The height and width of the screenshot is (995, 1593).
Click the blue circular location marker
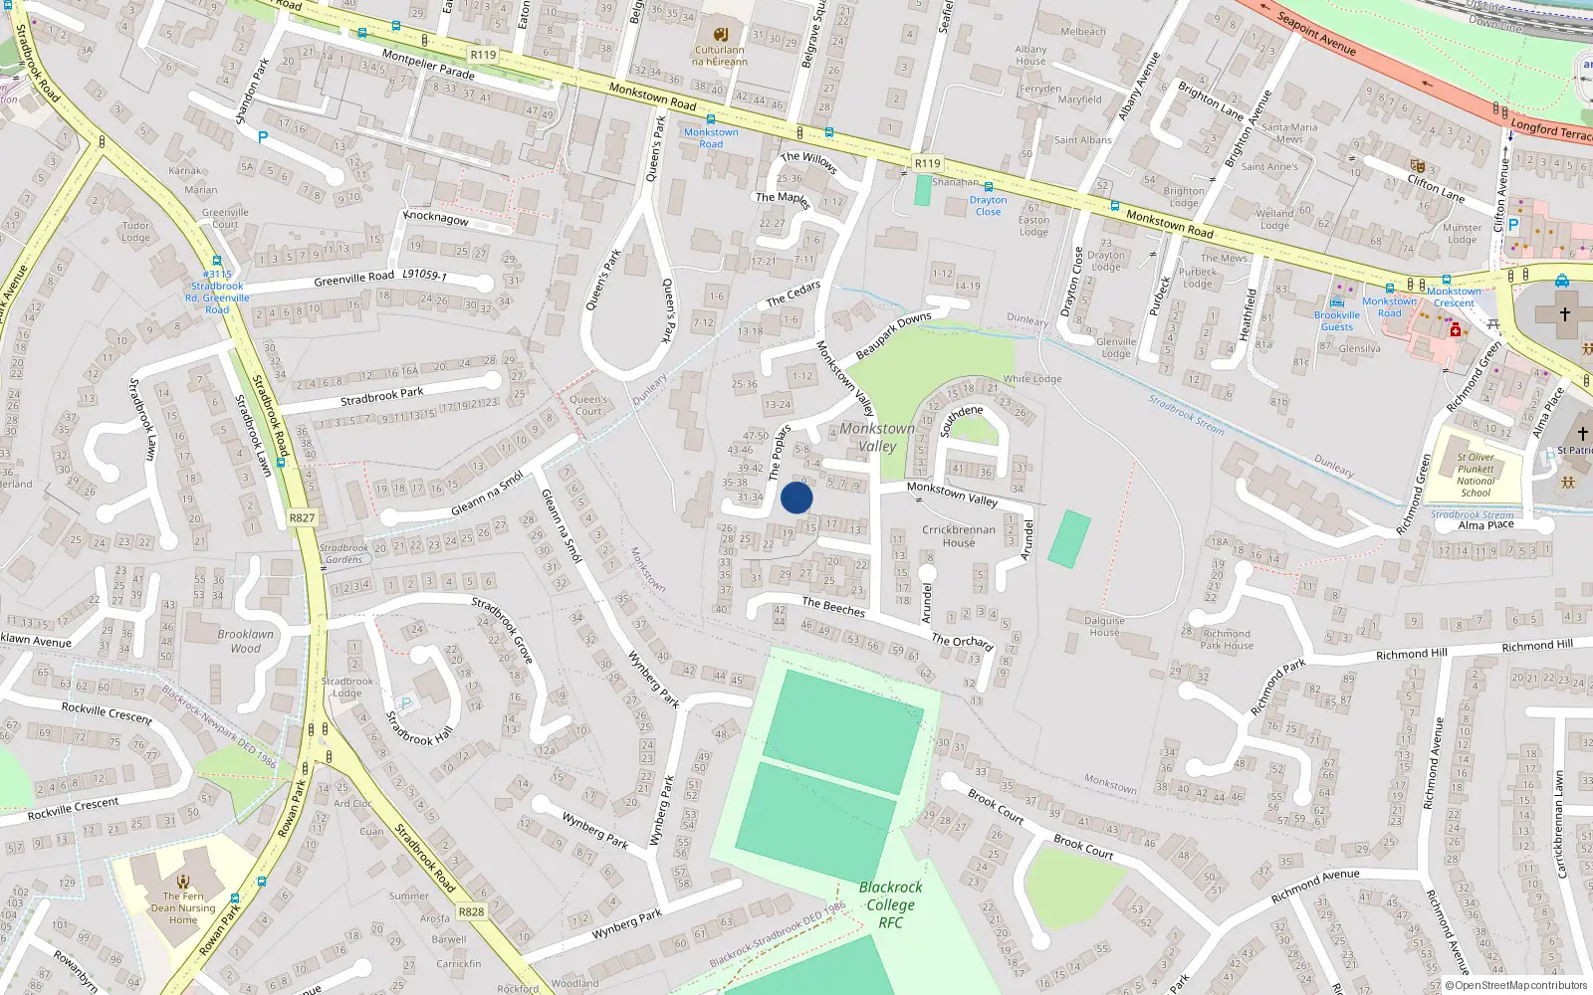pos(796,497)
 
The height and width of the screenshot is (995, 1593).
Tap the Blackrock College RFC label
pos(890,904)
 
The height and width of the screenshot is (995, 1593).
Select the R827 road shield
pos(302,517)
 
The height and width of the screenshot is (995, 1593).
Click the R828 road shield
pos(471,911)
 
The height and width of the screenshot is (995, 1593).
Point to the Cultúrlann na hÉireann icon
pos(721,34)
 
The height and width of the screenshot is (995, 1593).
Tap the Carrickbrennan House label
pos(958,536)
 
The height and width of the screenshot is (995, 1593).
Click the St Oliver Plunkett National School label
pos(1476,476)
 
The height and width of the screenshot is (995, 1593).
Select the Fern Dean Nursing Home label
pos(183,907)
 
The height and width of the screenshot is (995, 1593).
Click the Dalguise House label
pos(1104,626)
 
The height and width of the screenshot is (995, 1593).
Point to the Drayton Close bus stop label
pos(988,206)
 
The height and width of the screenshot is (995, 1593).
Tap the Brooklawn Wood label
pos(245,641)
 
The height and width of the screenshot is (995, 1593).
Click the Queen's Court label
pos(588,405)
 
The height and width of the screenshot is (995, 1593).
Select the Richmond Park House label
pos(1227,639)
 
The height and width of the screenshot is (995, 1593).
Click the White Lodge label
pos(1032,379)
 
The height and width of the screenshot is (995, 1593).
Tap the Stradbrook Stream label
pos(1186,414)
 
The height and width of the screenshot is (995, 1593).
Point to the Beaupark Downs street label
pos(893,336)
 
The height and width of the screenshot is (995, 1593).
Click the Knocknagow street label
pos(435,218)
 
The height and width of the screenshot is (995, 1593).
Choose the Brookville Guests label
pos(1337,320)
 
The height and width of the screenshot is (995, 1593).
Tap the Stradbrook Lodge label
pos(346,688)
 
